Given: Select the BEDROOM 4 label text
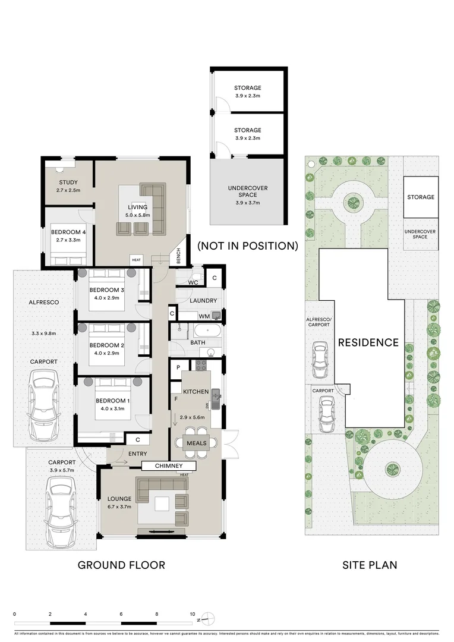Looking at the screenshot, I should pos(68,232).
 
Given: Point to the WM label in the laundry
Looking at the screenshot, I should pos(204,316).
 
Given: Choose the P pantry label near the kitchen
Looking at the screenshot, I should pos(178,368).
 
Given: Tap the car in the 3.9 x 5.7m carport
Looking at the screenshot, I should pos(62,513).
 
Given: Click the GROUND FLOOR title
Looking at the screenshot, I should pos(121,565).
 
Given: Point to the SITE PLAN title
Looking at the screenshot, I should pos(369,565).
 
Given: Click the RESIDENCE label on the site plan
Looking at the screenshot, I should pos(368,342).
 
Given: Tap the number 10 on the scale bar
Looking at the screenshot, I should pos(192,613).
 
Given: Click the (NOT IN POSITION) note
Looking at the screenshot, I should pos(248,246).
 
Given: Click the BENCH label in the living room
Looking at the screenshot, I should pos(178,256).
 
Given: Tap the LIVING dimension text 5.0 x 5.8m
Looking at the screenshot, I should pos(137,215).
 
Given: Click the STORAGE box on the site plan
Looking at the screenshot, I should pos(420,197).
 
